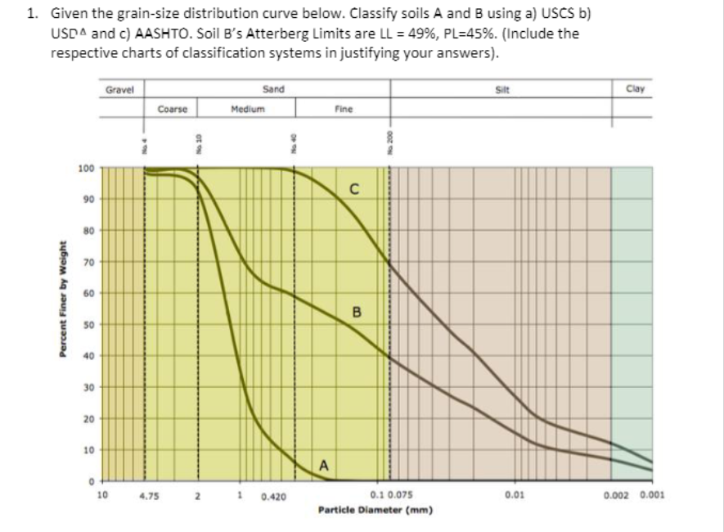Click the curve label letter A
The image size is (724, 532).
(324, 466)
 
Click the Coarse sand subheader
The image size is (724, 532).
(173, 108)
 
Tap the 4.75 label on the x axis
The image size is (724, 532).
(149, 495)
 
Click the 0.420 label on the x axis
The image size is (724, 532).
(273, 495)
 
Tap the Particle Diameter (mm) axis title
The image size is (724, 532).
(375, 508)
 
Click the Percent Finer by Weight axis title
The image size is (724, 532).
(63, 311)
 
